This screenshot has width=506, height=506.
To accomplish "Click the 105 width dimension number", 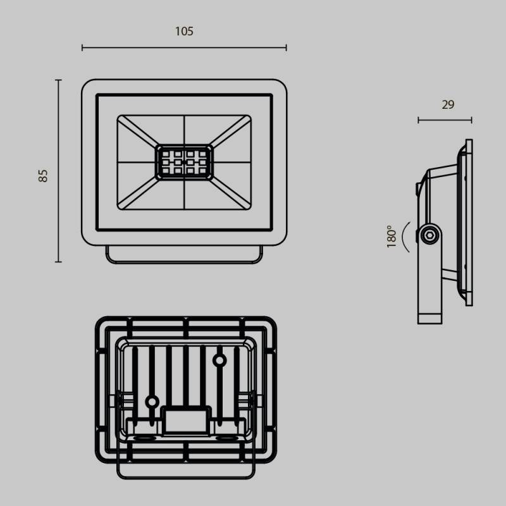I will [184, 31].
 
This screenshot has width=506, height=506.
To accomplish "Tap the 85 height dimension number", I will [43, 176].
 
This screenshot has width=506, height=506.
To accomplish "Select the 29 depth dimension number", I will [448, 105].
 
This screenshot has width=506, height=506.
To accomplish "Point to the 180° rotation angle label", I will [392, 237].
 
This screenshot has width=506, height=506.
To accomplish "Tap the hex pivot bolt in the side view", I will [429, 235].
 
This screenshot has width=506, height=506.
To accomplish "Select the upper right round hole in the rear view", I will [219, 361].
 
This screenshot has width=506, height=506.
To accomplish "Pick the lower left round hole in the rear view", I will [152, 401].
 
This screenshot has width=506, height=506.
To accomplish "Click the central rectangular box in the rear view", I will [186, 421].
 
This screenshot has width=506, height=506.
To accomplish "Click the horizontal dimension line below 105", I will [184, 47].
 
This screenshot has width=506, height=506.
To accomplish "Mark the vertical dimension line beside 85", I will [58, 171].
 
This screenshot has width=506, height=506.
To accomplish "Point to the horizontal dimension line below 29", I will [445, 120].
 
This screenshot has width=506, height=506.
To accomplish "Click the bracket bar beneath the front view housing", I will [184, 260].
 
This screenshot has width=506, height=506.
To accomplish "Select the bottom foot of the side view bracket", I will [430, 318].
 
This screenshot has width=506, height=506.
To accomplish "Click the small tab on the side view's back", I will [417, 188].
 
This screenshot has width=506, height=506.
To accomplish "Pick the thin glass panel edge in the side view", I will [469, 221].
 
